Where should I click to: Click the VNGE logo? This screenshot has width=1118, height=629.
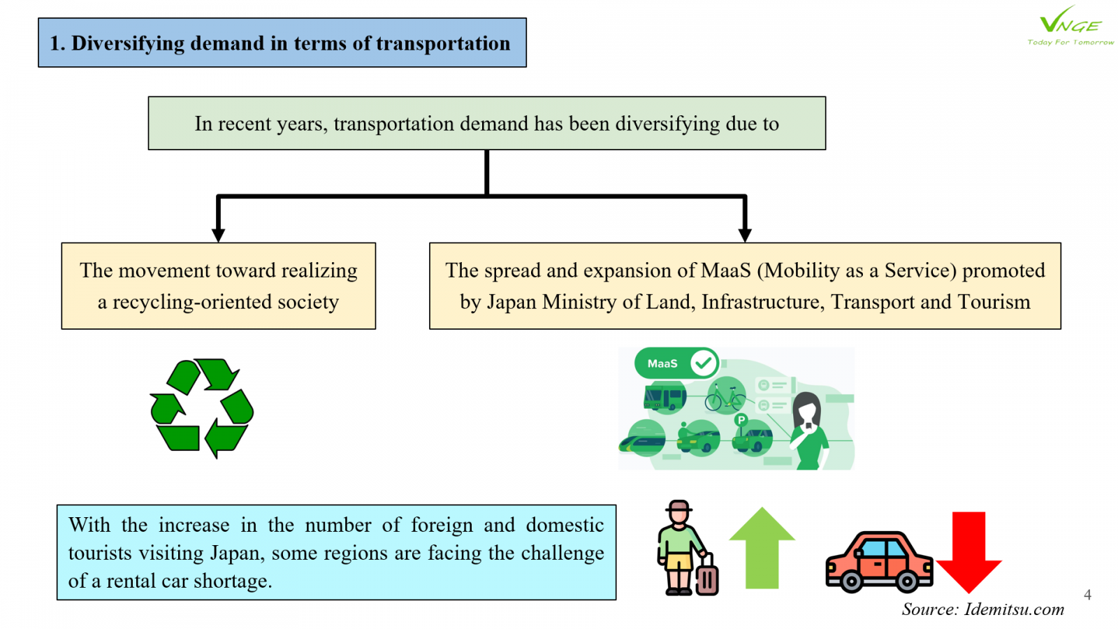tap(1070, 25)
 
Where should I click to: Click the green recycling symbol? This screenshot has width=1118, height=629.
tap(202, 408)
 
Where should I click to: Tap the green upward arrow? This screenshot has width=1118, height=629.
tap(762, 548)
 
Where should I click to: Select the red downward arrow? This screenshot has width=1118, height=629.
tap(968, 552)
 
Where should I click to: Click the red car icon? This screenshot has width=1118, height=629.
tap(879, 562)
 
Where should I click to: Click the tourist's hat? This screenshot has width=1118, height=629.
tap(678, 506)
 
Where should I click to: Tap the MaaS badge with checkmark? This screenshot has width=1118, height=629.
tap(676, 363)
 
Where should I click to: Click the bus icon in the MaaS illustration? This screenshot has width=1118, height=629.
tap(665, 398)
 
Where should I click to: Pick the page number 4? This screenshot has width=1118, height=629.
tap(1087, 595)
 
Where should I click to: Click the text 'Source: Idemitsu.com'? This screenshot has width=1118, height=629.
tap(982, 609)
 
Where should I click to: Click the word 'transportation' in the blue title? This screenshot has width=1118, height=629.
tap(443, 43)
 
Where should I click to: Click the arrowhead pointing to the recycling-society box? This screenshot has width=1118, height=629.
tap(218, 235)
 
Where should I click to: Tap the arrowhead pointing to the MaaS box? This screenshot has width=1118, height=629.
tap(745, 235)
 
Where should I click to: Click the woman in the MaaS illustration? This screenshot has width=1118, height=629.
tap(808, 431)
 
